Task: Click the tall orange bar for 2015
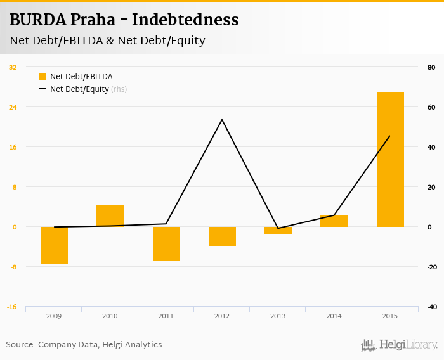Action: coord(390,159)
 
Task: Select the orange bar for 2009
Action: coord(54,245)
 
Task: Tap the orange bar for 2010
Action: coord(110,216)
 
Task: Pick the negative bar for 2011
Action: coord(166,243)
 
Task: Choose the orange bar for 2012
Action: coord(222,236)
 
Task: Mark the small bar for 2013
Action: coord(278,230)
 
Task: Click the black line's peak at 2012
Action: coord(222,120)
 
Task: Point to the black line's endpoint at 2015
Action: coord(389,136)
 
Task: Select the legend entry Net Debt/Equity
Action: coord(79,89)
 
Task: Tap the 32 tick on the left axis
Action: coord(13,67)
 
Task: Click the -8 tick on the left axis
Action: coord(13,267)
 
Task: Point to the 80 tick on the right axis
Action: coord(431,67)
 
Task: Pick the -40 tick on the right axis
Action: coord(431,307)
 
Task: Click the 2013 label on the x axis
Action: coord(278,316)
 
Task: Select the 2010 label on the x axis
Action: coord(110,316)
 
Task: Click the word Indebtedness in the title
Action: coord(186,20)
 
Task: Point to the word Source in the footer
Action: coord(20,345)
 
